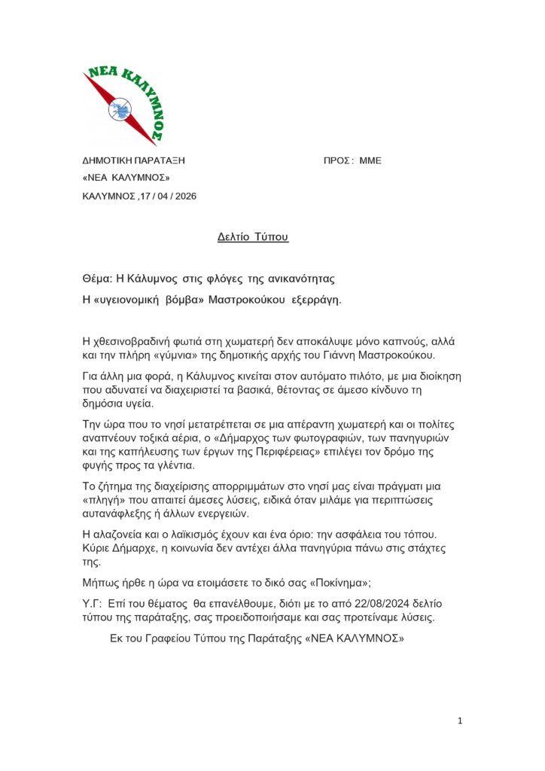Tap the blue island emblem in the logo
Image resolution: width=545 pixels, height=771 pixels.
tap(120, 109)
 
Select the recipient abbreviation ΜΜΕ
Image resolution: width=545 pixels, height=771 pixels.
tap(370, 160)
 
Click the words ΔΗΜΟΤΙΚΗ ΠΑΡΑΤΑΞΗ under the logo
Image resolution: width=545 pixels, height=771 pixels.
tap(133, 160)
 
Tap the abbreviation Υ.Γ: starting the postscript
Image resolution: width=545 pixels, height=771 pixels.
tap(93, 605)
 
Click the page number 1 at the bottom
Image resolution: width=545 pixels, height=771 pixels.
tap(460, 721)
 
